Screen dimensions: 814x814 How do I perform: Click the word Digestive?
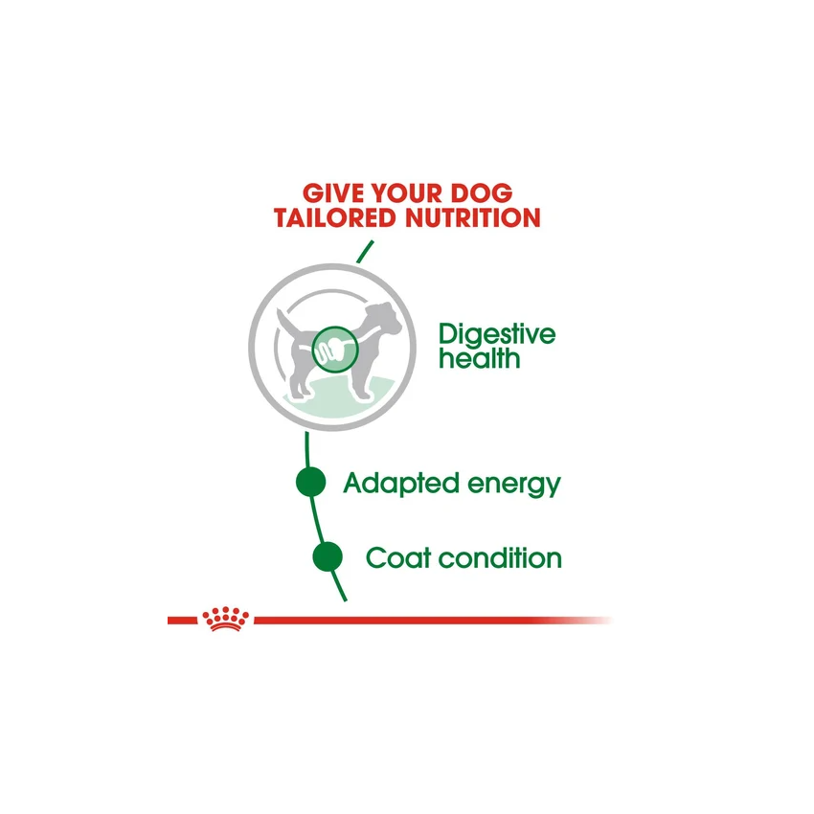click(x=496, y=336)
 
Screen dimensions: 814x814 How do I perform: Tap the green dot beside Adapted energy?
click(x=310, y=483)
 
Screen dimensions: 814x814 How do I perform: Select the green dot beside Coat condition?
click(x=327, y=555)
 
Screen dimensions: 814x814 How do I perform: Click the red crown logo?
click(x=223, y=620)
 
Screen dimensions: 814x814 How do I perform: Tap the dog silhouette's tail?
click(x=283, y=320)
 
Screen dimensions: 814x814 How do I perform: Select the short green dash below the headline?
click(x=363, y=252)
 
